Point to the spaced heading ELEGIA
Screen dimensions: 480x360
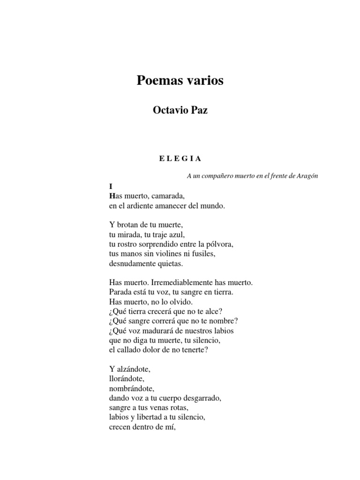(x=180, y=158)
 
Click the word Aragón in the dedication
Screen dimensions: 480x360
(x=307, y=176)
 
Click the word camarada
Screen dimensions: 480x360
(x=168, y=195)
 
